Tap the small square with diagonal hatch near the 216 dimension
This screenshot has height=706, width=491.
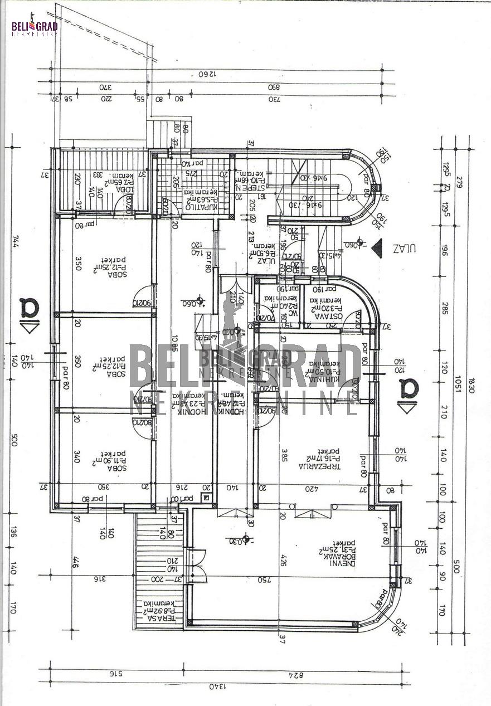[207, 498]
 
